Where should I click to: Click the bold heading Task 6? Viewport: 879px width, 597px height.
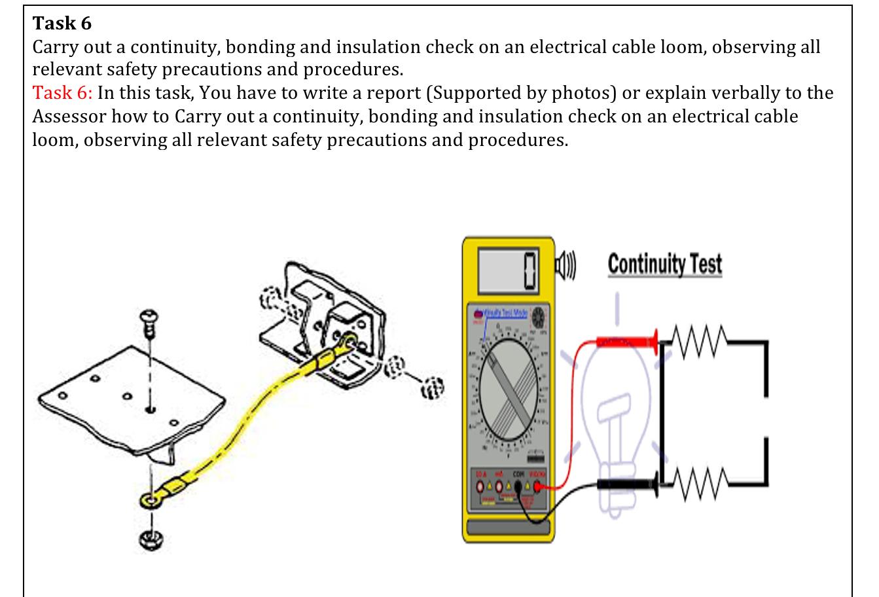point(62,24)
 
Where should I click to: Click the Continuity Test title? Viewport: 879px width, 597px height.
point(664,264)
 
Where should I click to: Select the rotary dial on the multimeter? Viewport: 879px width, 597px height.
point(508,398)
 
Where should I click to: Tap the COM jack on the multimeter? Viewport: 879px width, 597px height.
point(518,486)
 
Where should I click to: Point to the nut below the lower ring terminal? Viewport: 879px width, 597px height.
point(151,539)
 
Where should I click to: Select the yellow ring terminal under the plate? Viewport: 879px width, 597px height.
point(152,501)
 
